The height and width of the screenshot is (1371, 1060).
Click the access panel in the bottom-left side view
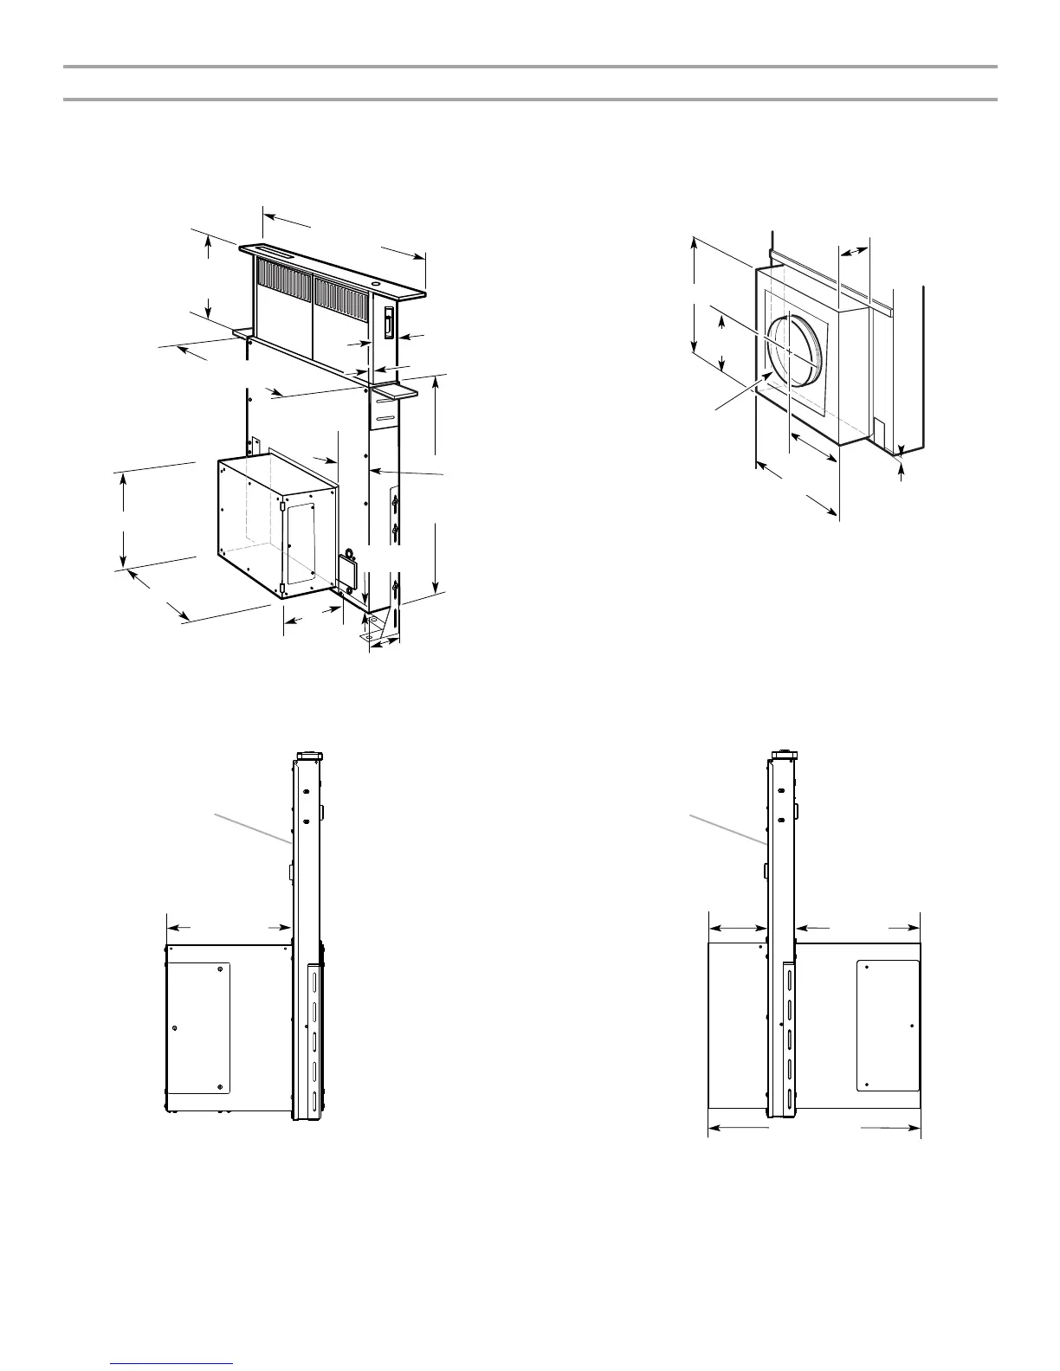pos(200,1027)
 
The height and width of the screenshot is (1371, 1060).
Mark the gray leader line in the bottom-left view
pos(252,827)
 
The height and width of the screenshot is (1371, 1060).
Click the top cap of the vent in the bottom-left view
pos(309,756)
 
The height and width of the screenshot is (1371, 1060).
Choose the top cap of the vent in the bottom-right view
pos(783,756)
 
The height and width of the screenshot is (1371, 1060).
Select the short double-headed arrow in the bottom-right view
pos(738,928)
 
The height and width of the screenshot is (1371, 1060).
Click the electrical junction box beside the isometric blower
pos(349,572)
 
